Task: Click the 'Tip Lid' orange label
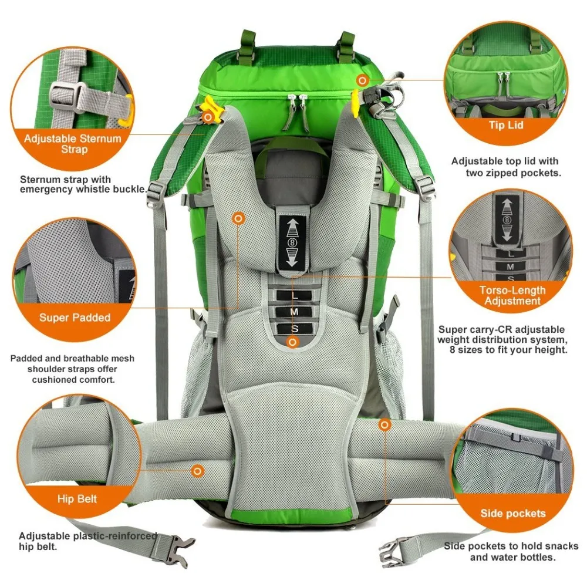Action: pos(505,124)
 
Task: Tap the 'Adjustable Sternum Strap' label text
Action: pos(72,144)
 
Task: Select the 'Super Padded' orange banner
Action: pos(75,318)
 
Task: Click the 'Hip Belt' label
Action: pos(77,500)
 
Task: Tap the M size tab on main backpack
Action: pos(293,312)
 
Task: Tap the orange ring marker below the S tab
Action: pos(292,342)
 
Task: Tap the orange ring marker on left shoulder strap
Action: pos(238,218)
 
